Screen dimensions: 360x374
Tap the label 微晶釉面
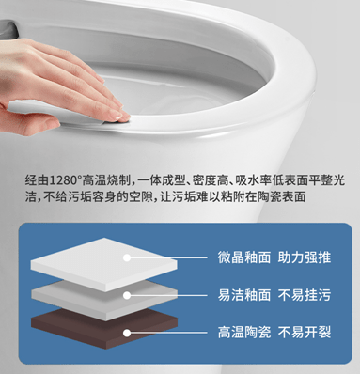pyautogui.click(x=244, y=257)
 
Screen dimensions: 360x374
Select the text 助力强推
pyautogui.click(x=305, y=257)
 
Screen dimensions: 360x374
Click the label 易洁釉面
pyautogui.click(x=244, y=295)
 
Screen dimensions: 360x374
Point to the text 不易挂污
pyautogui.click(x=305, y=295)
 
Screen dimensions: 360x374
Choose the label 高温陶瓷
pyautogui.click(x=244, y=333)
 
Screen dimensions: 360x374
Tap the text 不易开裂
pyautogui.click(x=305, y=333)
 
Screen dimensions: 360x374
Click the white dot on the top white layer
pyautogui.click(x=127, y=257)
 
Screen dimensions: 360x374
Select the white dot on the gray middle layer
pyautogui.click(x=127, y=295)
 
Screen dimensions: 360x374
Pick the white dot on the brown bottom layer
pyautogui.click(x=127, y=333)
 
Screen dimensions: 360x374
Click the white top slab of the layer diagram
pyautogui.click(x=104, y=263)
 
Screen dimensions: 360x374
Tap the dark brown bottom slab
pyautogui.click(x=104, y=329)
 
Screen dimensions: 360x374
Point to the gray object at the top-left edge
pyautogui.click(x=8, y=29)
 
